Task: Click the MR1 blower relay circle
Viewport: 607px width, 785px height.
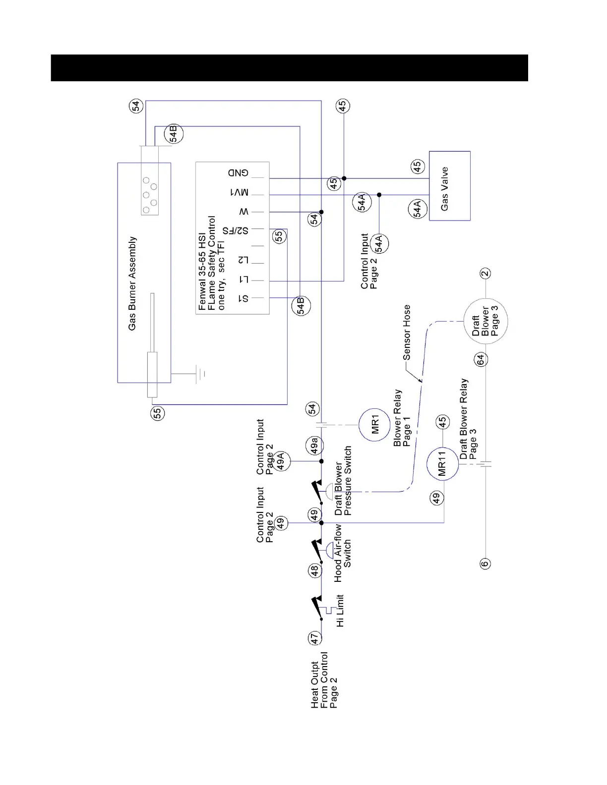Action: pos(375,424)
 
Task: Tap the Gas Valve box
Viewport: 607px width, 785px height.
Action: pos(449,186)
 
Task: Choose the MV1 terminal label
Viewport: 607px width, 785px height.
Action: pos(239,193)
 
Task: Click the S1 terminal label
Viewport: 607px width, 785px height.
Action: pos(243,299)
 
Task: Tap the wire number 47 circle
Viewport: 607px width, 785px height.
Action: pos(314,639)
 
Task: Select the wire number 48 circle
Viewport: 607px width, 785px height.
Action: pos(314,571)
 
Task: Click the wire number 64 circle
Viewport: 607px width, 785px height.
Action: pos(480,360)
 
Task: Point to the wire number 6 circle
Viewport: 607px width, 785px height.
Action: pos(485,563)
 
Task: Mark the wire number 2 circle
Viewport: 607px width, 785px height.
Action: pos(486,273)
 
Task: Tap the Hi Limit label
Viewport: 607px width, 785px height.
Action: pos(340,611)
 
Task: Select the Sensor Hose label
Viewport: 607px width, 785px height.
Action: pos(407,332)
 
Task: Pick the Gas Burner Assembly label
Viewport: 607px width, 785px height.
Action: pos(132,283)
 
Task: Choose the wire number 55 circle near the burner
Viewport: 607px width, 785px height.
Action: pos(158,413)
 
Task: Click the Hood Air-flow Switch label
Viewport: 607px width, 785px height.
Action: pos(343,553)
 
